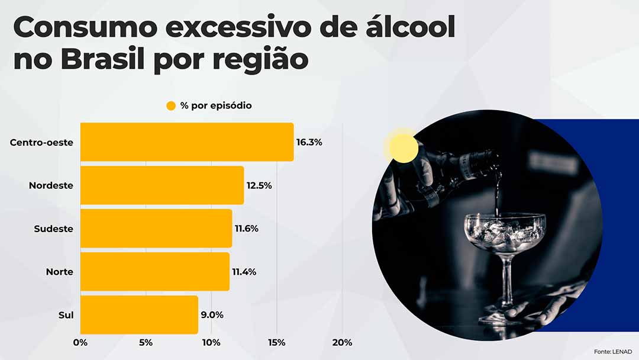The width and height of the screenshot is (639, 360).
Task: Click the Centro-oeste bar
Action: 186,142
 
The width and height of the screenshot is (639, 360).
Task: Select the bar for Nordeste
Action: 162,185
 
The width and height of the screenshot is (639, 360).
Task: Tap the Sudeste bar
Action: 156,229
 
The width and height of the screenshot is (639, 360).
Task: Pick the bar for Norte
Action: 154,272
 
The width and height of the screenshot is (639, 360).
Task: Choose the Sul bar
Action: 139,315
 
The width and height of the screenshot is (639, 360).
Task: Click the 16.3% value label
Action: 309,143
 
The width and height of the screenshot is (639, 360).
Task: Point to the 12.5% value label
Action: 259,186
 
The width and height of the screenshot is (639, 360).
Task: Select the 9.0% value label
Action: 212,315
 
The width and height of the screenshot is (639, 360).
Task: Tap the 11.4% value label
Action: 244,272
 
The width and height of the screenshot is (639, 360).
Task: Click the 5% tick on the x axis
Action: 146,343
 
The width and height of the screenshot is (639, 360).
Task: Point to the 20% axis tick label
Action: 342,343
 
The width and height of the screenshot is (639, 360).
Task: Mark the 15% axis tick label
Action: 276,343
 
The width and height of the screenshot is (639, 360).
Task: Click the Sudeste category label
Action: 53,229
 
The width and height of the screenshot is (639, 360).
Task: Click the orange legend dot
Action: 171,106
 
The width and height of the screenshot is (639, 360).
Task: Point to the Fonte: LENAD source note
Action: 612,352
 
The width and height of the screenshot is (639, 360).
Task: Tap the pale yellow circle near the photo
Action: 402,147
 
